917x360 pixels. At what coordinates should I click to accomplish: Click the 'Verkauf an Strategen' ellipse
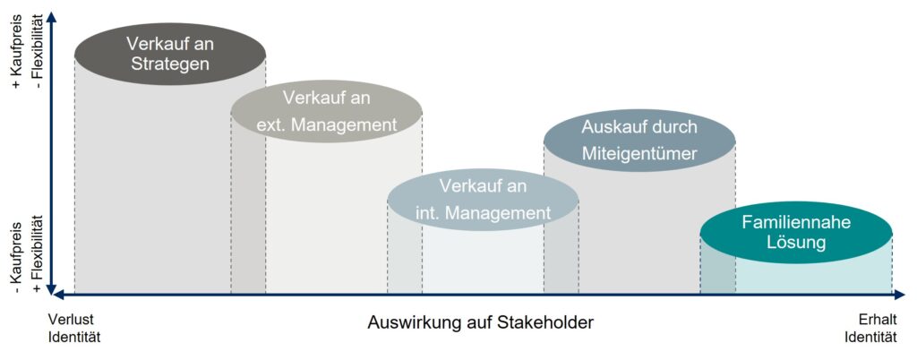pyautogui.click(x=170, y=54)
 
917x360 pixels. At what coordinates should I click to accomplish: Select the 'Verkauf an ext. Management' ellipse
pyautogui.click(x=326, y=111)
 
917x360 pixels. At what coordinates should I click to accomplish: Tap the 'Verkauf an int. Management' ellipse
pyautogui.click(x=483, y=200)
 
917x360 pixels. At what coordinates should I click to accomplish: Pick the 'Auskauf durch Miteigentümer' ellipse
pyautogui.click(x=639, y=141)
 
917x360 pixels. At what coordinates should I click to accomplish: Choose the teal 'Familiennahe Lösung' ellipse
pyautogui.click(x=796, y=232)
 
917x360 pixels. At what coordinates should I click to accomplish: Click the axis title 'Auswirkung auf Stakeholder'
pyautogui.click(x=481, y=322)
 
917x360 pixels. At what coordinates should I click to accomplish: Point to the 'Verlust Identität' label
pyautogui.click(x=75, y=329)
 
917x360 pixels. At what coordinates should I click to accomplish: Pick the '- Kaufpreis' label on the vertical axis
pyautogui.click(x=15, y=256)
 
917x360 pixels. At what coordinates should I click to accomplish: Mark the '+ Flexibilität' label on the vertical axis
pyautogui.click(x=39, y=255)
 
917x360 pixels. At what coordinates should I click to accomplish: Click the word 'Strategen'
pyautogui.click(x=170, y=64)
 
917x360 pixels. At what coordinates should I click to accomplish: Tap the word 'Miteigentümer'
pyautogui.click(x=639, y=153)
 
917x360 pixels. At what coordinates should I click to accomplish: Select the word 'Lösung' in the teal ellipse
pyautogui.click(x=796, y=242)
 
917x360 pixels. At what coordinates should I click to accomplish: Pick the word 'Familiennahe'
pyautogui.click(x=796, y=222)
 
